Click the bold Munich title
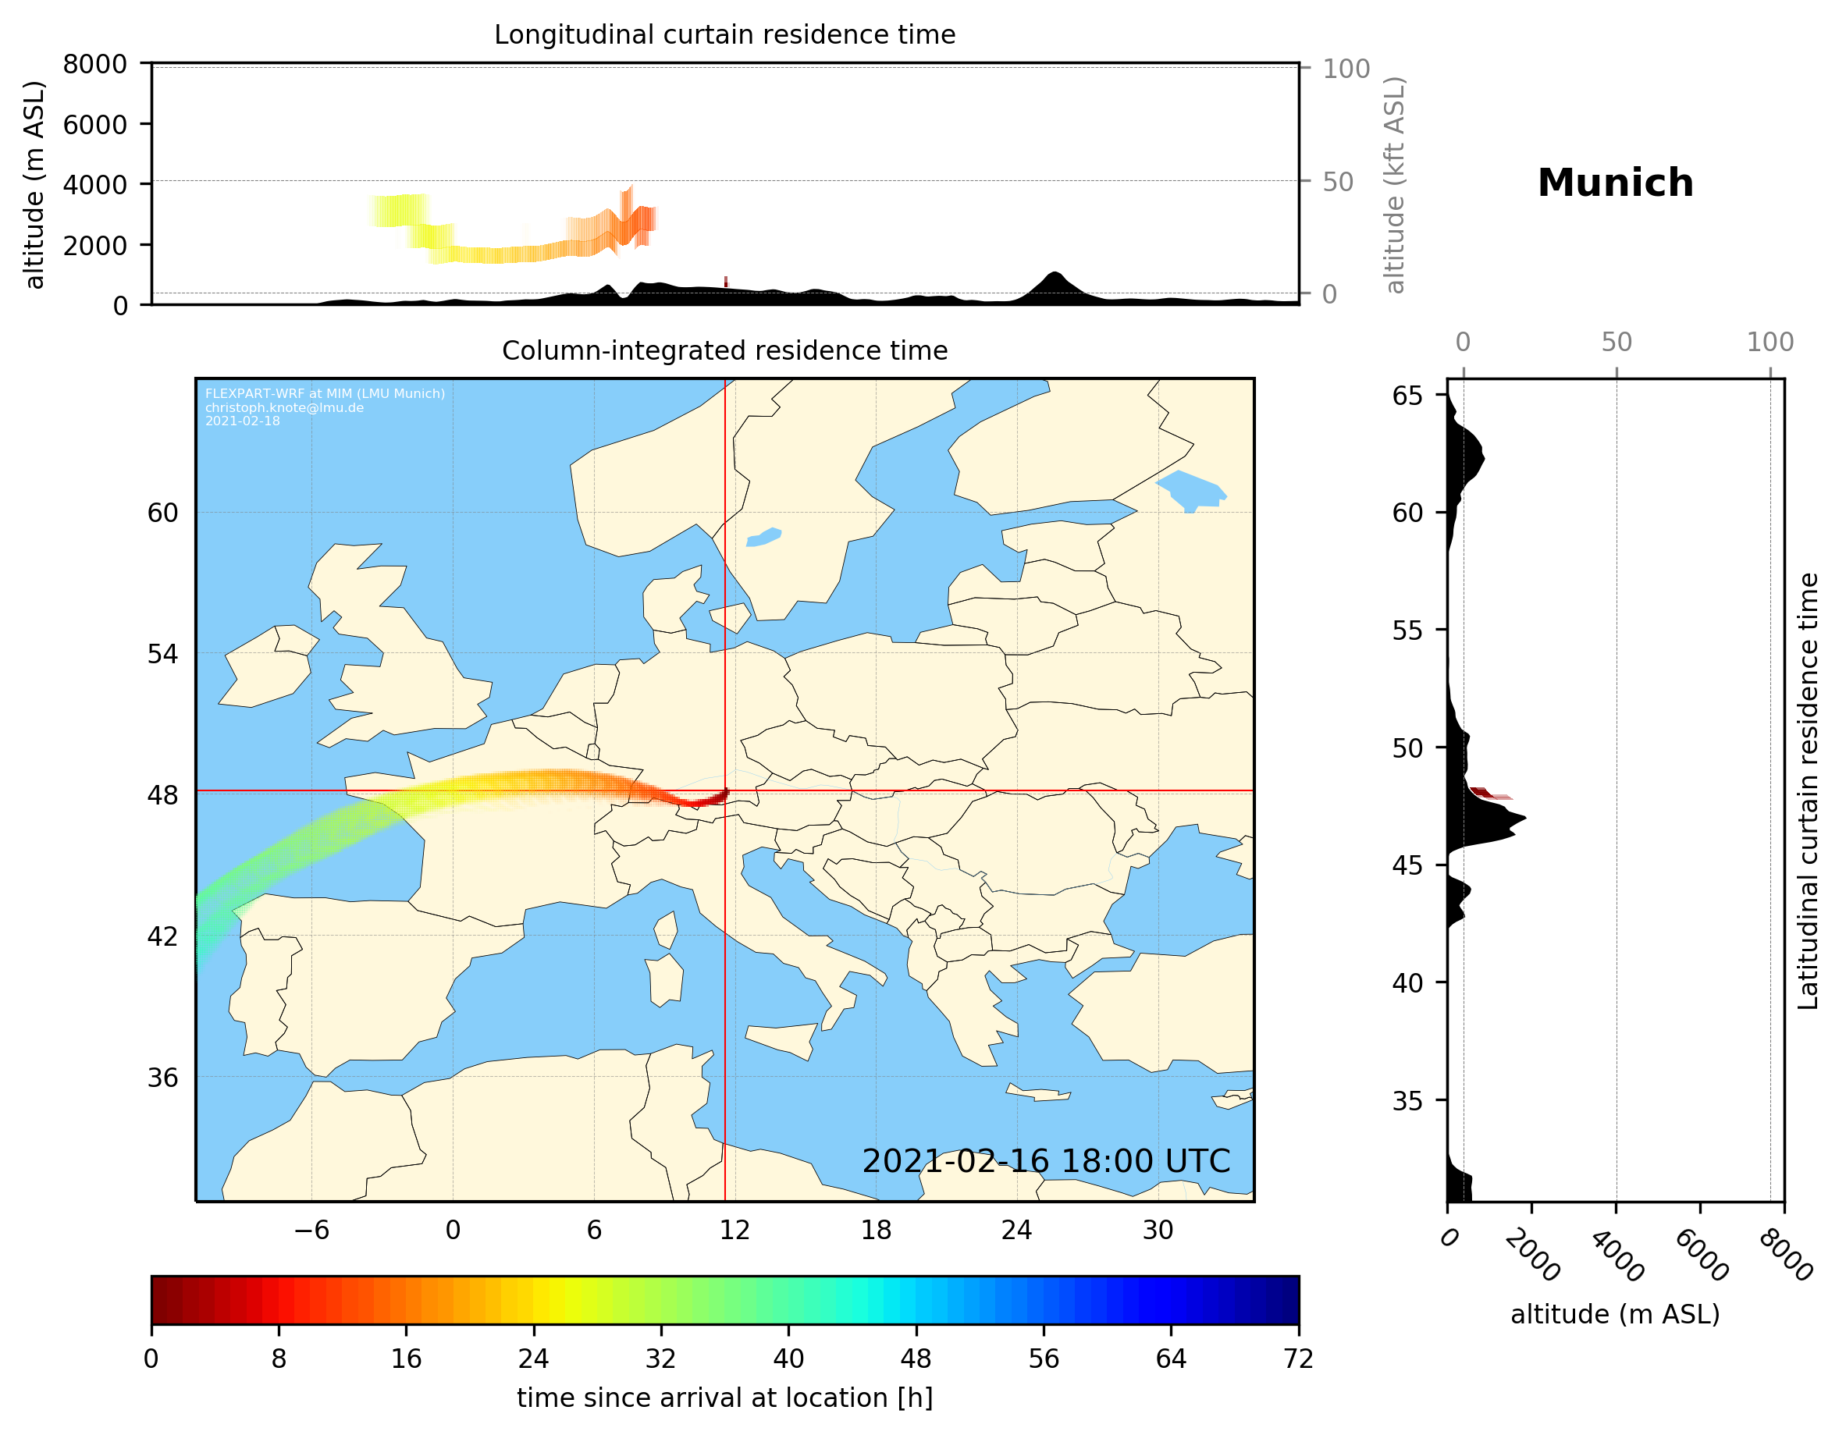tap(1614, 183)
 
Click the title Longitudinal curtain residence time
tap(724, 34)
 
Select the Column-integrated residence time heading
tap(724, 350)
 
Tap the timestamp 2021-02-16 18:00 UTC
tap(1046, 1161)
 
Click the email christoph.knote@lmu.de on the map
tap(284, 407)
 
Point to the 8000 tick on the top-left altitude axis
tap(94, 64)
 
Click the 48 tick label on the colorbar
tap(916, 1359)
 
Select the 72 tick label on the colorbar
tap(1298, 1359)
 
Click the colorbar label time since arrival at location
tap(724, 1398)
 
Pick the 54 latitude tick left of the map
tap(162, 654)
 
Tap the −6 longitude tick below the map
tap(311, 1230)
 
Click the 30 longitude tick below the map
tap(1158, 1230)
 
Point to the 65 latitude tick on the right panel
tap(1407, 396)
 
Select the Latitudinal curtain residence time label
tap(1807, 790)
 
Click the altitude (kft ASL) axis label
tap(1396, 185)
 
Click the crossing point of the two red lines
tap(725, 791)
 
